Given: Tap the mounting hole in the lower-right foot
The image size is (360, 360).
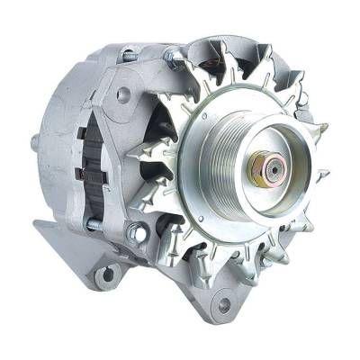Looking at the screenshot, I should [224, 303].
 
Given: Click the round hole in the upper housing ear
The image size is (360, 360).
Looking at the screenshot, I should [123, 93].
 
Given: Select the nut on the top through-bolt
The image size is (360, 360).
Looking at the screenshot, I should [168, 57].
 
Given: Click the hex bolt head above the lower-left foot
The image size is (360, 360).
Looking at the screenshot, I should [134, 232].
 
